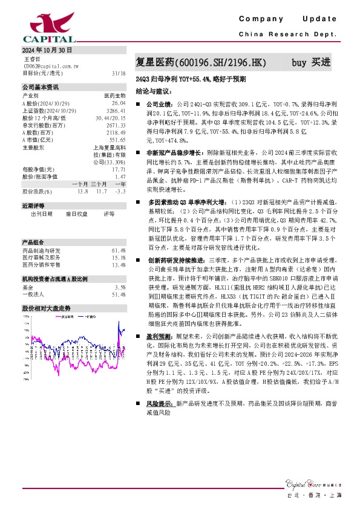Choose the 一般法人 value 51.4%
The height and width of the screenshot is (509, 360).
(x=119, y=294)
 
